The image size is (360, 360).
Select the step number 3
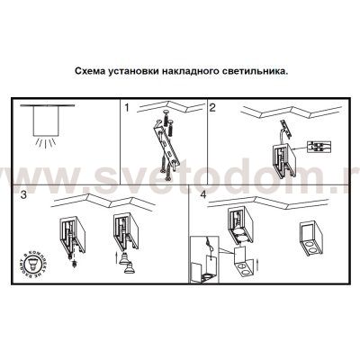23,193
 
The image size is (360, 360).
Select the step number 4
202,193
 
